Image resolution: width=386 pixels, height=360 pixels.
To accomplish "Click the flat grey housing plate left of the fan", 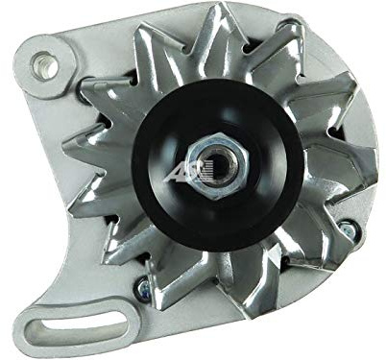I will pos(58,192).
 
